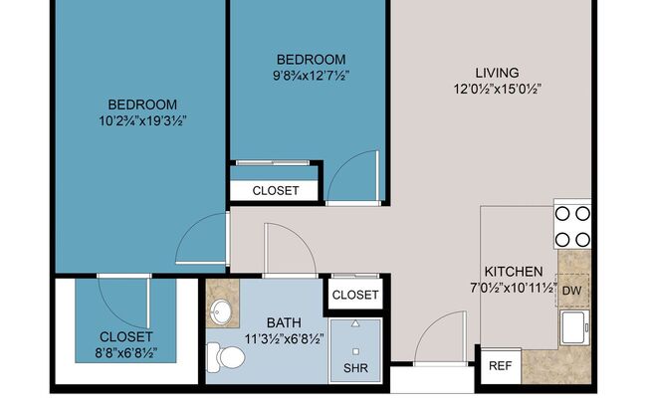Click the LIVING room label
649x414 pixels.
pos(497,72)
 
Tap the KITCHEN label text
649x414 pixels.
pos(513,271)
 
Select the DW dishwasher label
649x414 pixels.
pos(572,290)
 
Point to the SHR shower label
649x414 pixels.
pos(354,368)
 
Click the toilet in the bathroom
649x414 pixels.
pos(219,354)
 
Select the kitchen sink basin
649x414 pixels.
pos(574,326)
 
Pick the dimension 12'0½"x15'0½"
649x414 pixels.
pos(497,89)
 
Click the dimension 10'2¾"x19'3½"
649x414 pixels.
pos(142,121)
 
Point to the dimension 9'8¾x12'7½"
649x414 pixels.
pos(312,76)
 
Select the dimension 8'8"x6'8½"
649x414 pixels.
pos(125,353)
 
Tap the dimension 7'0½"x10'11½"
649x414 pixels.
pos(513,289)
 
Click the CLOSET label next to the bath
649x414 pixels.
pos(354,295)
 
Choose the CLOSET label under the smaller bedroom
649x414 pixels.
pos(275,190)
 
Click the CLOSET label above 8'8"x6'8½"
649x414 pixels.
pos(125,336)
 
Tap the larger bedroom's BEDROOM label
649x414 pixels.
pos(142,104)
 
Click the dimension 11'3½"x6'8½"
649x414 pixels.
pos(283,339)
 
